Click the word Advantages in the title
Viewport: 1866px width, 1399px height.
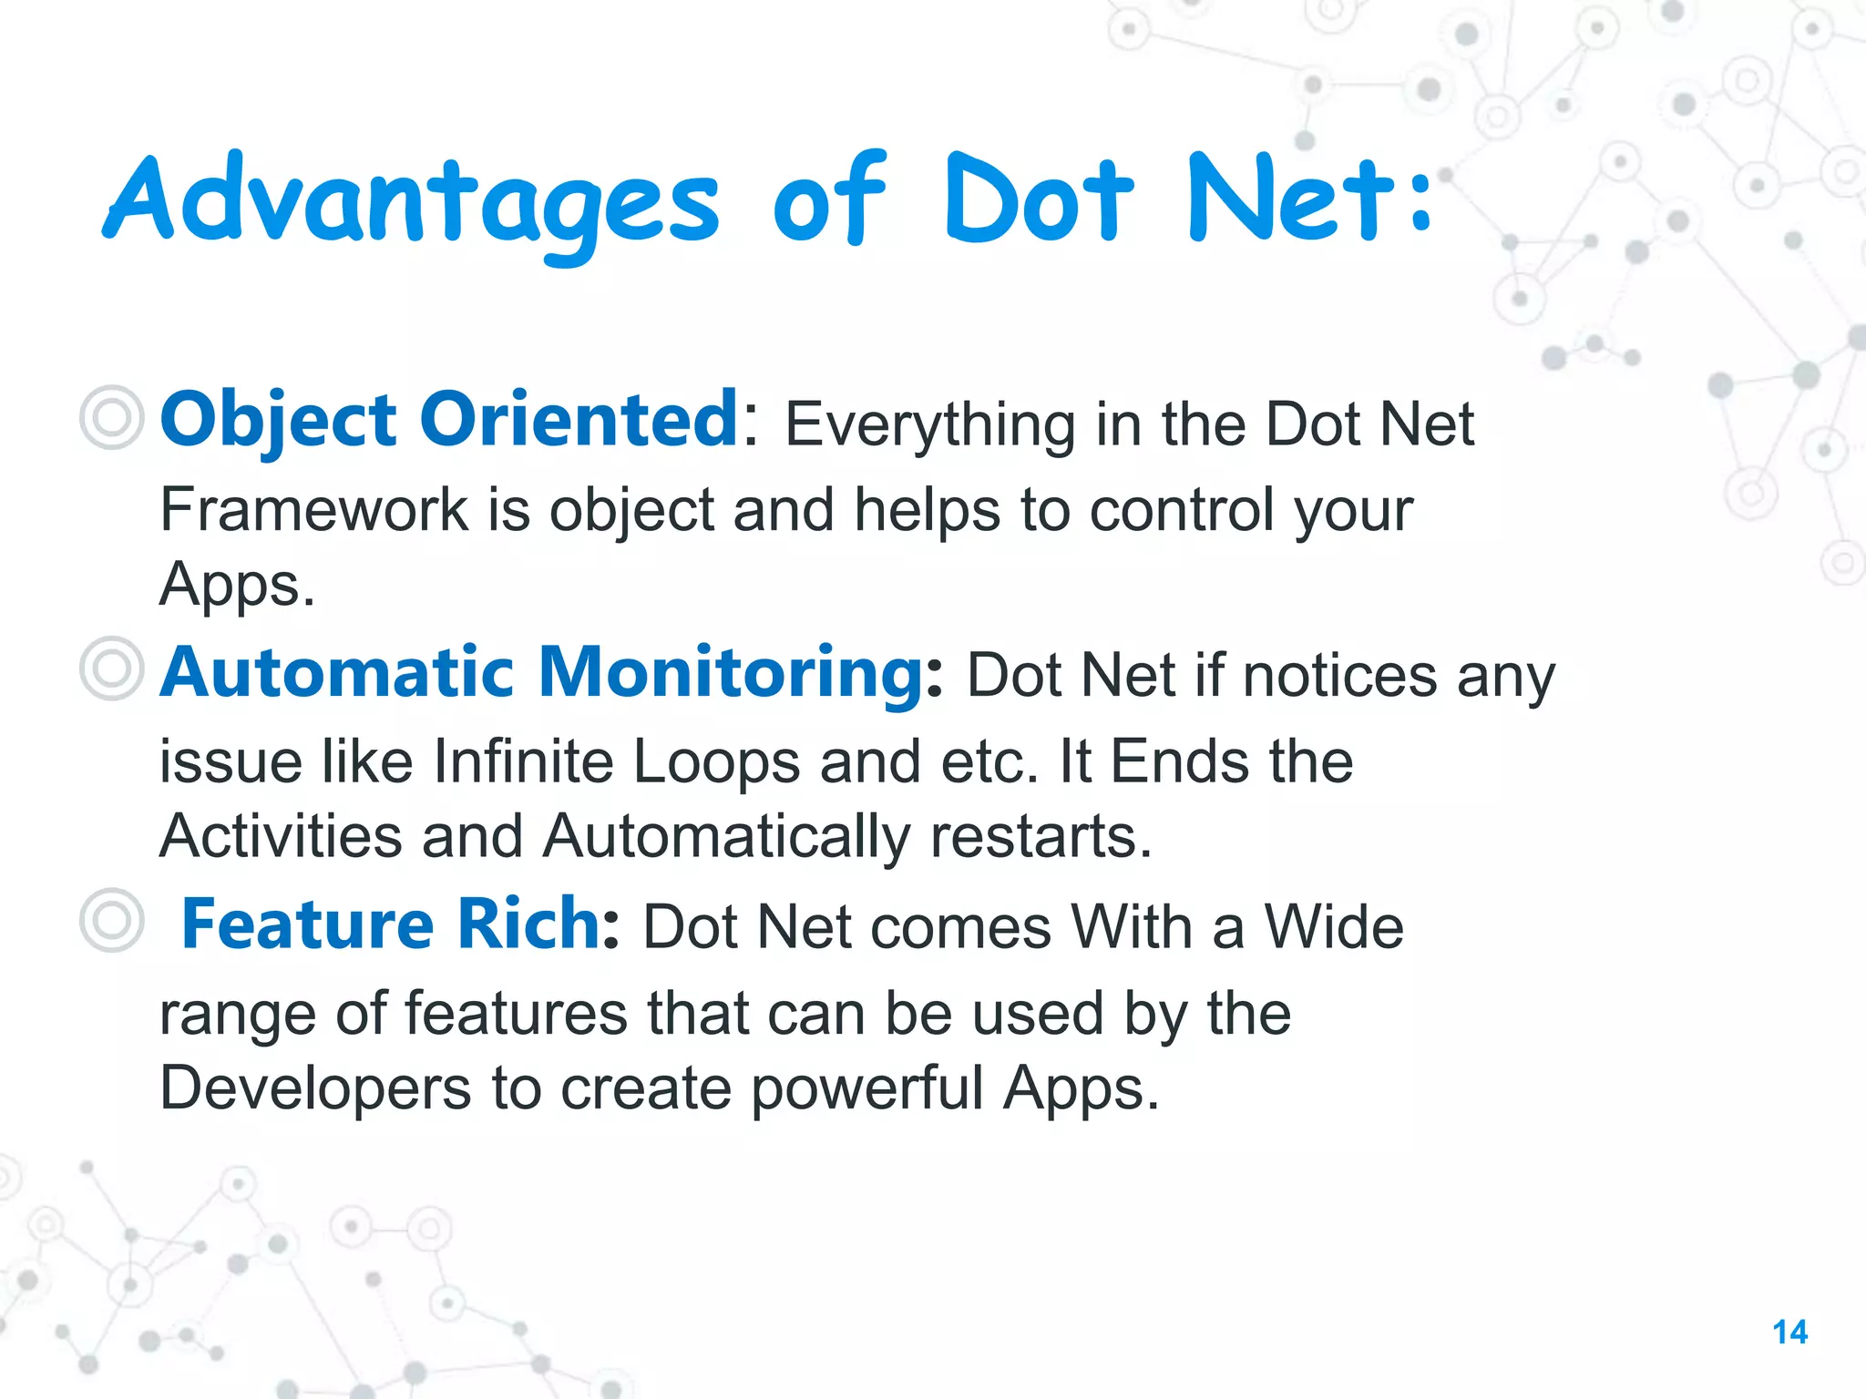coord(410,202)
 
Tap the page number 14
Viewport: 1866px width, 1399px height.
coord(1789,1333)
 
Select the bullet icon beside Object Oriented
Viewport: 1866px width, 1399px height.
coord(111,418)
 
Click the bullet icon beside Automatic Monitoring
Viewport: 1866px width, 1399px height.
coord(111,669)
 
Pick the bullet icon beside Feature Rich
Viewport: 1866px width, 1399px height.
coord(111,921)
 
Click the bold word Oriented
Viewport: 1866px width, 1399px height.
coord(579,420)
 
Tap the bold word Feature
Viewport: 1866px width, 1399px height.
coord(307,924)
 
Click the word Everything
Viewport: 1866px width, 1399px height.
coord(929,425)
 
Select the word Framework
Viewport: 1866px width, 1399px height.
coord(313,509)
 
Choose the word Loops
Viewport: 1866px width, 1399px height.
coord(715,761)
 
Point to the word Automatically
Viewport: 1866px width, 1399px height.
coord(725,836)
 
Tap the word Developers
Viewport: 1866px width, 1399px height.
coord(315,1088)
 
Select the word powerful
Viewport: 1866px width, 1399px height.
coord(866,1088)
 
